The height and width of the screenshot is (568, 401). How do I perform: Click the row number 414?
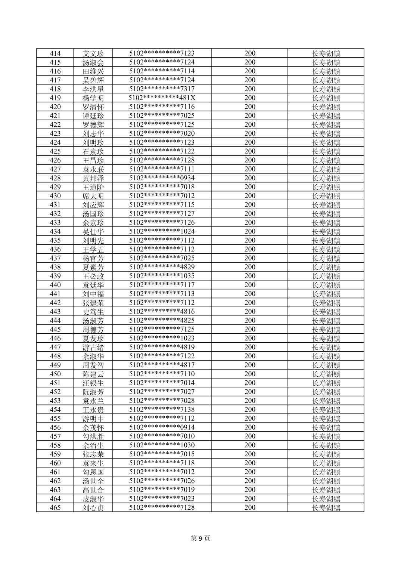(55, 53)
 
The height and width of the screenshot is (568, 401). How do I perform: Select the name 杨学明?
(93, 98)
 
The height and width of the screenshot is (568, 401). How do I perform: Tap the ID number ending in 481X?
(162, 98)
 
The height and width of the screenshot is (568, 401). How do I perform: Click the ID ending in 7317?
(162, 89)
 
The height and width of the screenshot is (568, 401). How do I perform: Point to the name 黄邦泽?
(93, 178)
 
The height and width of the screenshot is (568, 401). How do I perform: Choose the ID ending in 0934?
(162, 178)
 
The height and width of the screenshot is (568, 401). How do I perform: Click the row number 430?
(55, 196)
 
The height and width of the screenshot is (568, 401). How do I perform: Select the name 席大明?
(93, 196)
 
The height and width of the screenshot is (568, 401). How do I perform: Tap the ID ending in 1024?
(162, 231)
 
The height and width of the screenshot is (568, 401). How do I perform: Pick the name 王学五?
(93, 250)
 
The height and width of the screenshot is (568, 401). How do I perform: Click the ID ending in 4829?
(162, 267)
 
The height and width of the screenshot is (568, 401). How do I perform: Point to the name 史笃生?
(93, 312)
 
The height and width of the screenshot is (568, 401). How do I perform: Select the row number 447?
(55, 347)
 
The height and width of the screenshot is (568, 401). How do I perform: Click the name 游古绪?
(93, 348)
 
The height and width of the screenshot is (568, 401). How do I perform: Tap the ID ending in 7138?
(162, 410)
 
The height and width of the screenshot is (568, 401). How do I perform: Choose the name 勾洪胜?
(93, 436)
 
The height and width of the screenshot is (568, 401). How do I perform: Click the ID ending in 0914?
(162, 427)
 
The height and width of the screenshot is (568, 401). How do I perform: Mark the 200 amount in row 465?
(250, 507)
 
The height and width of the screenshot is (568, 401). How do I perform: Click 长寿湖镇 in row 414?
(326, 53)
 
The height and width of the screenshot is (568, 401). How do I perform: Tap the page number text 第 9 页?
(200, 538)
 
